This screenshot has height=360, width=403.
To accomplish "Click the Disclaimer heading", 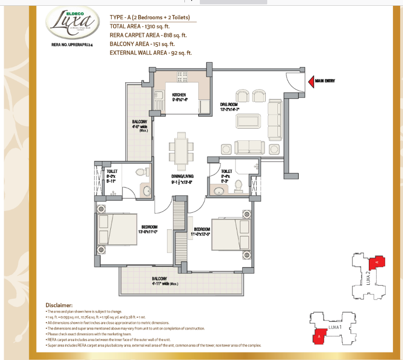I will tap(59, 306).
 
